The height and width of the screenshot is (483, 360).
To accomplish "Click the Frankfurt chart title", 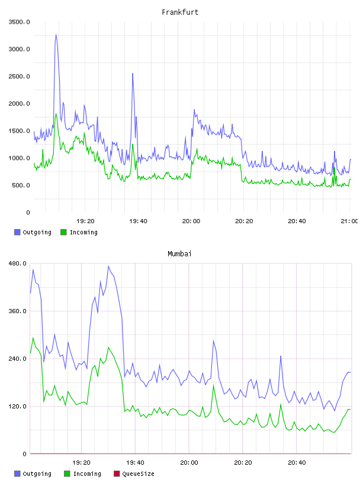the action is pyautogui.click(x=180, y=12).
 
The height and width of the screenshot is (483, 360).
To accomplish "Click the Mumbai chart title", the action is pyautogui.click(x=179, y=254).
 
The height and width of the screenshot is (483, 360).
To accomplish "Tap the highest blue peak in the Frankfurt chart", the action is pyautogui.click(x=56, y=34).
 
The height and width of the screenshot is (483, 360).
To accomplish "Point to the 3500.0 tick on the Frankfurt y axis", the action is pyautogui.click(x=19, y=22).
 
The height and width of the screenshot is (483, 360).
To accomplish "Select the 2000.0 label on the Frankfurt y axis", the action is pyautogui.click(x=19, y=104).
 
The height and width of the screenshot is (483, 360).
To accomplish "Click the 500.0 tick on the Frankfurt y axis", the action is pyautogui.click(x=21, y=185).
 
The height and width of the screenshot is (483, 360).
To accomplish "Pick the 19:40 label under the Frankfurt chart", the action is pyautogui.click(x=138, y=221).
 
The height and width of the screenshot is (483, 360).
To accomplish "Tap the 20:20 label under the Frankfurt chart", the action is pyautogui.click(x=244, y=221).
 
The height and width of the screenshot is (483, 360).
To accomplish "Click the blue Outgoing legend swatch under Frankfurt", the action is pyautogui.click(x=17, y=232).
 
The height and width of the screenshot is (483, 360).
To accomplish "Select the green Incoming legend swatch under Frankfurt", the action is pyautogui.click(x=63, y=232).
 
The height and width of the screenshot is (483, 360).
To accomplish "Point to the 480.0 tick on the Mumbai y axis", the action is pyautogui.click(x=17, y=263).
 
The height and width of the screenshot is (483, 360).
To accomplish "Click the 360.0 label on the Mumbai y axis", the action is pyautogui.click(x=17, y=311).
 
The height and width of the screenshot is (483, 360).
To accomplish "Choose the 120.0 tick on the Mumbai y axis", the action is pyautogui.click(x=17, y=406).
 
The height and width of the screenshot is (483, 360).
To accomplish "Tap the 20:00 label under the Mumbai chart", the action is pyautogui.click(x=189, y=462).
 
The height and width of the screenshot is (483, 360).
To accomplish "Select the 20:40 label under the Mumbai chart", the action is pyautogui.click(x=297, y=462).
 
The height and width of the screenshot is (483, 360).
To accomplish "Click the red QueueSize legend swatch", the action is pyautogui.click(x=117, y=474).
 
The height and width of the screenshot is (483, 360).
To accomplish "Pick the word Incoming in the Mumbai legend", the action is pyautogui.click(x=87, y=474).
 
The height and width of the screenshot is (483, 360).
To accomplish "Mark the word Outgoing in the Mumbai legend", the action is pyautogui.click(x=37, y=474).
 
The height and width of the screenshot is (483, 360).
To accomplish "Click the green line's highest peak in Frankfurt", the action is pyautogui.click(x=56, y=114).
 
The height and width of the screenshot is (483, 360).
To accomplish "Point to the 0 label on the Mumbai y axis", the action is pyautogui.click(x=25, y=454).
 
